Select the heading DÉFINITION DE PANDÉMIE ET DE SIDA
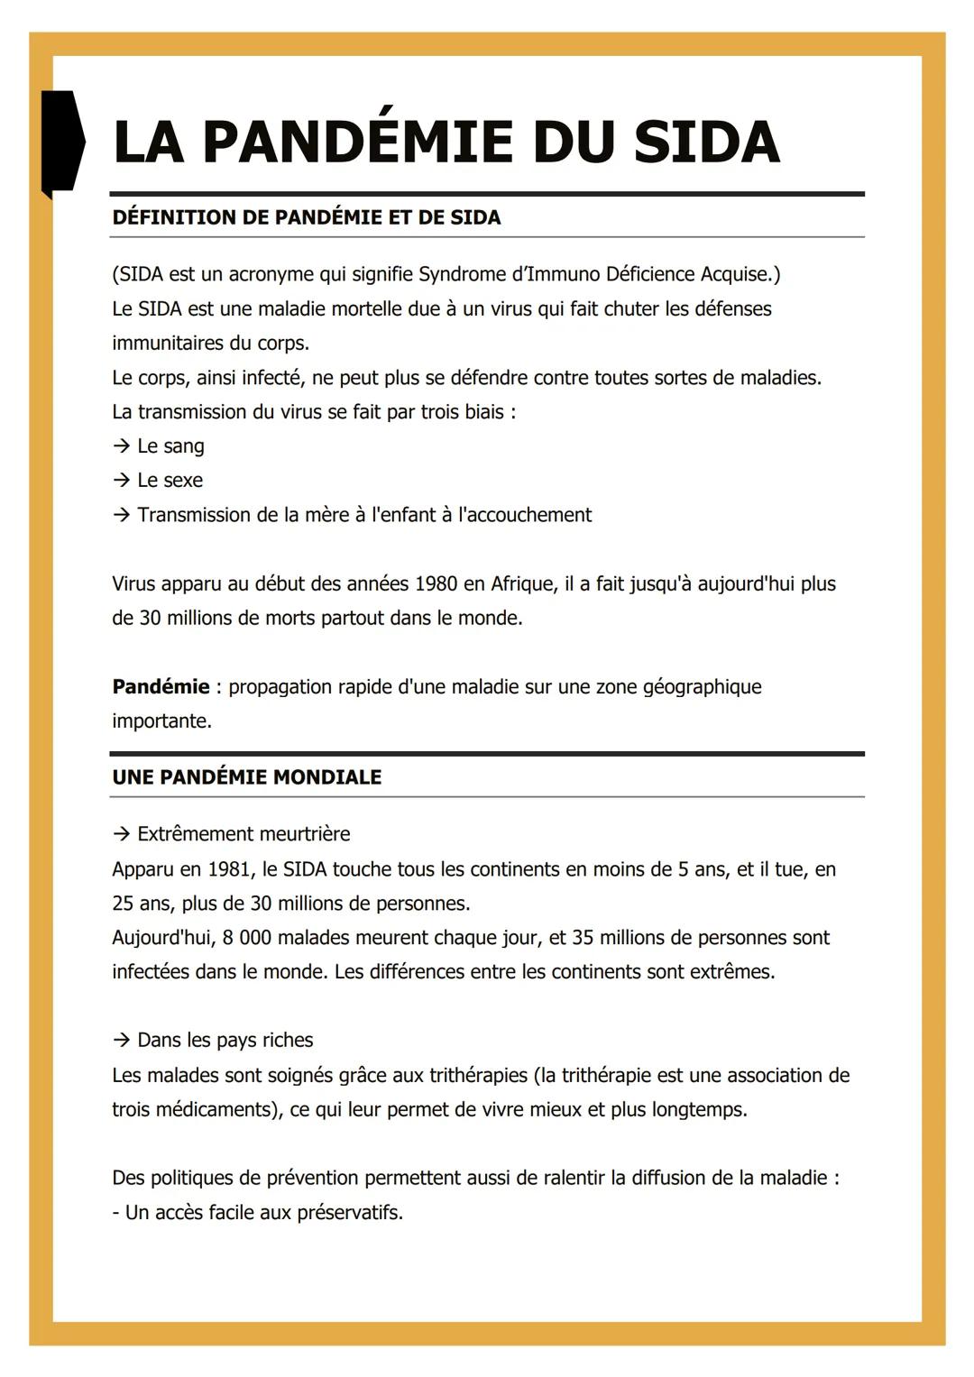306,217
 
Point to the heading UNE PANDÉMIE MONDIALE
246,777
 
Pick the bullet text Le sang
170,446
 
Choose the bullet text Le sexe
170,481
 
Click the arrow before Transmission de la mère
121,515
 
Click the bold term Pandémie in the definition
161,687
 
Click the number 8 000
246,938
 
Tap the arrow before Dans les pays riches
121,1041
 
